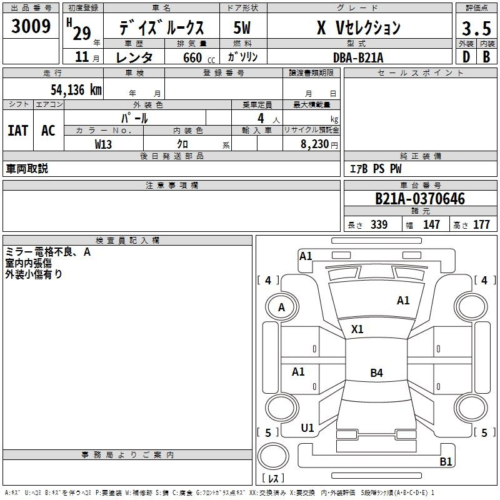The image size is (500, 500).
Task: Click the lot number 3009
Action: [31, 26]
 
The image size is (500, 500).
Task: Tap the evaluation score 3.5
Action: [475, 29]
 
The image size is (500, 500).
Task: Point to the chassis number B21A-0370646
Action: [420, 199]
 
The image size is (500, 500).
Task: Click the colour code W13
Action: [104, 144]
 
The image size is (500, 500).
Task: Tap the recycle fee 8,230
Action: [316, 144]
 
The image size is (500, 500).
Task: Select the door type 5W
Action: [242, 28]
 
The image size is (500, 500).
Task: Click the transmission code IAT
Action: [17, 130]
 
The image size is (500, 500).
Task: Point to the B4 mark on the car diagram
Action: [376, 373]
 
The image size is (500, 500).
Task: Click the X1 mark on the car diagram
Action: [357, 329]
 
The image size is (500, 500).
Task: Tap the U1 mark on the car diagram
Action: [307, 428]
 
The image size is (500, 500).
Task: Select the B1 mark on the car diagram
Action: [446, 462]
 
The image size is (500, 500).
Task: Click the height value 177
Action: [481, 225]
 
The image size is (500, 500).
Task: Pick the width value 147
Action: [431, 225]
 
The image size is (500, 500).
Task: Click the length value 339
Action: [379, 225]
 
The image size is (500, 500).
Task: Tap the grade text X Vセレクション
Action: [358, 28]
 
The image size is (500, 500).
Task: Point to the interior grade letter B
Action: [486, 57]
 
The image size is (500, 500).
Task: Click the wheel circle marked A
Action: [281, 307]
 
